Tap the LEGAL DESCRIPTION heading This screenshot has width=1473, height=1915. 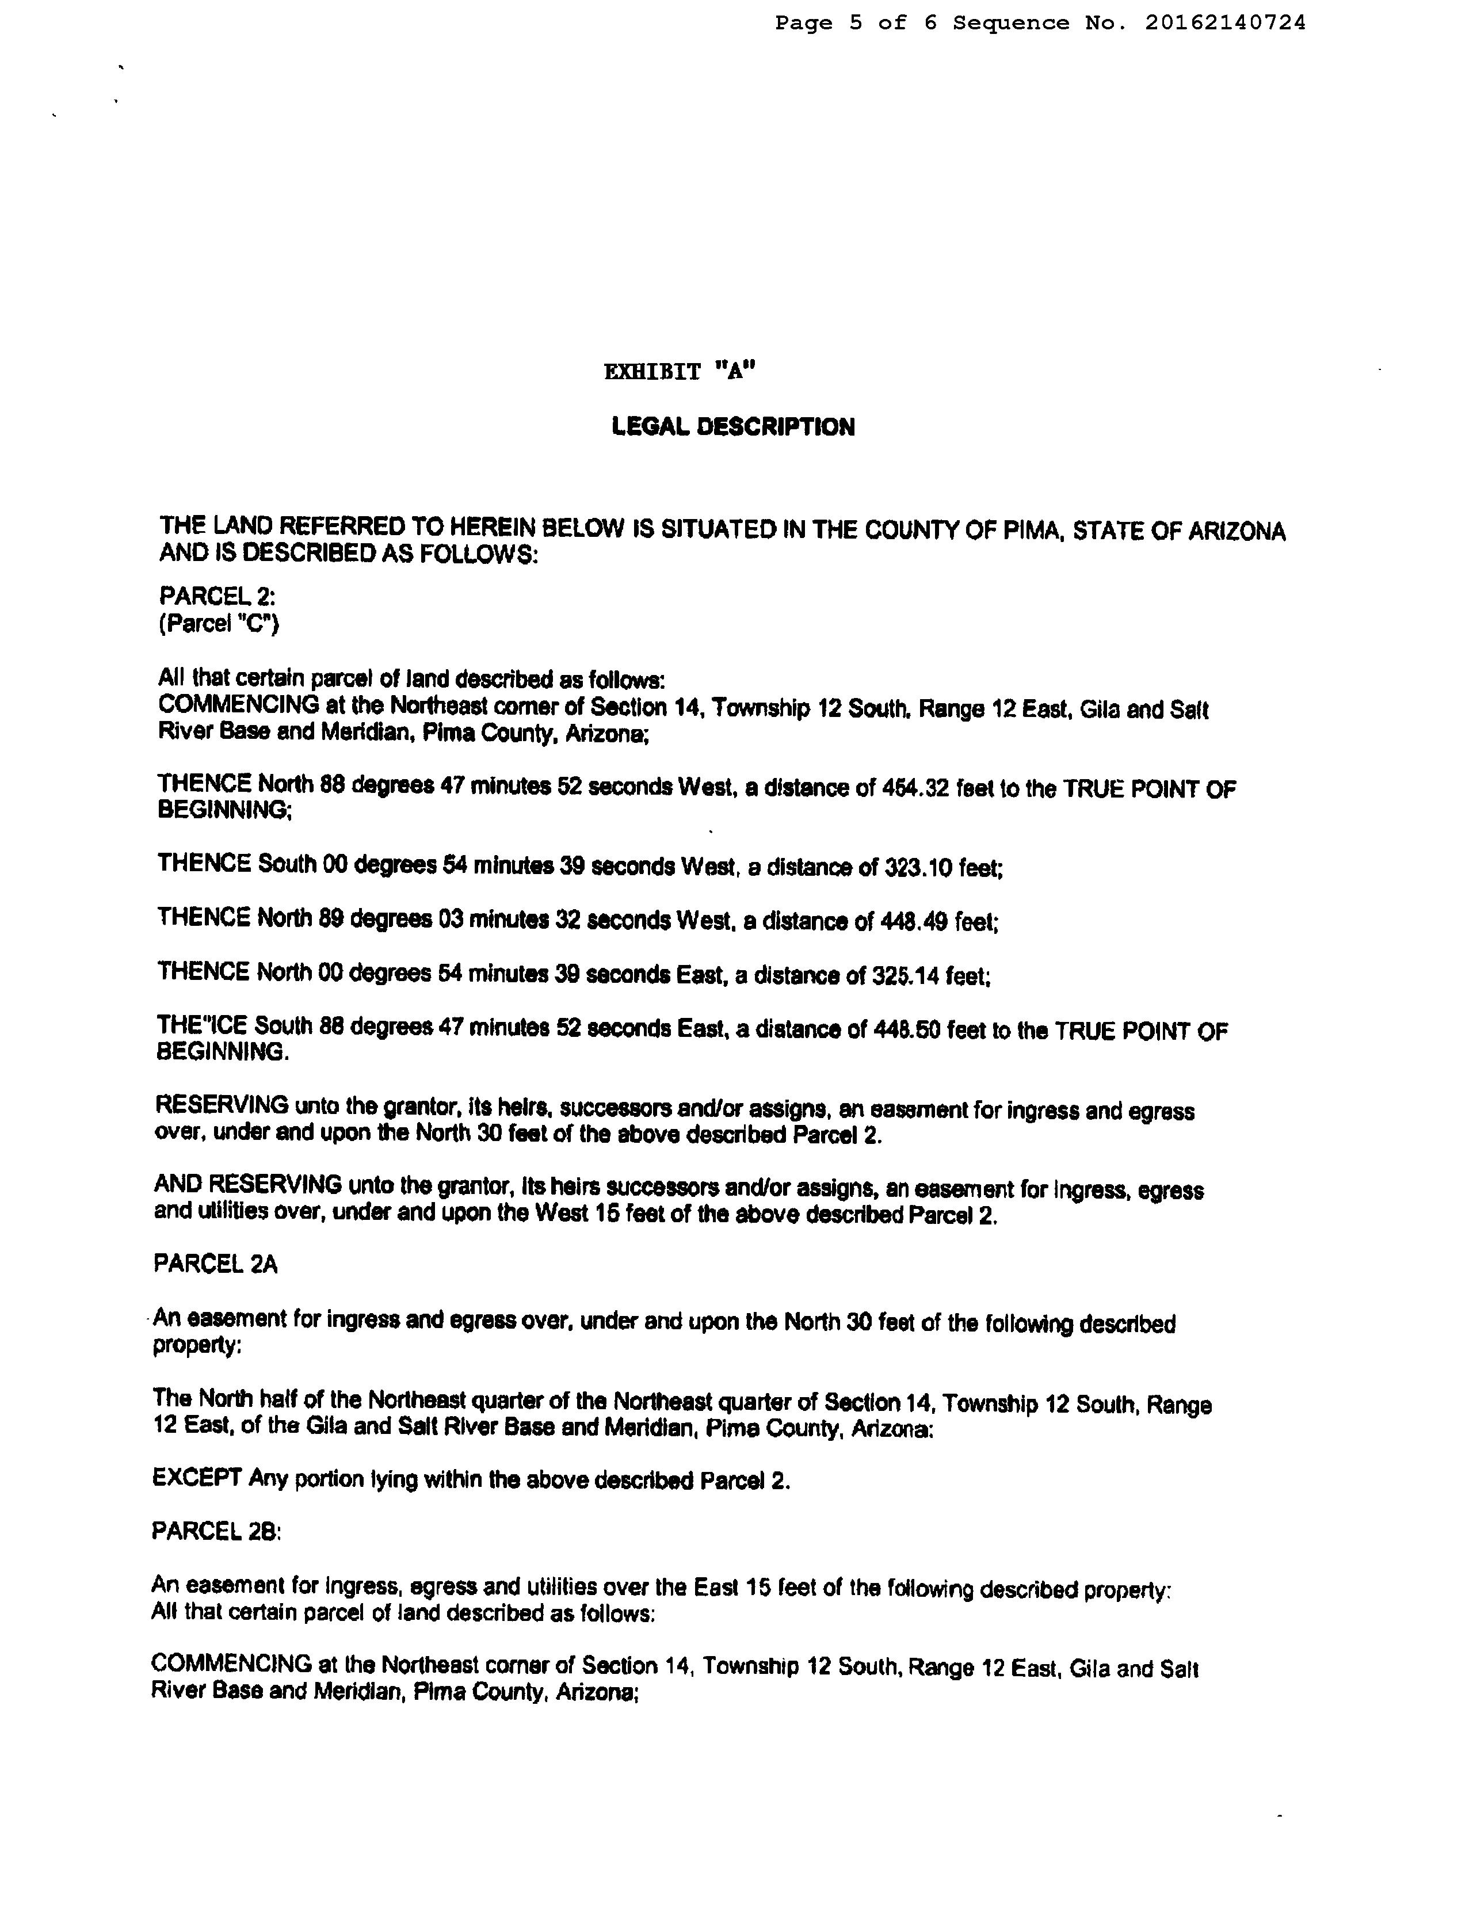click(733, 427)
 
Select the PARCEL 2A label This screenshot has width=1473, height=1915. click(216, 1264)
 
